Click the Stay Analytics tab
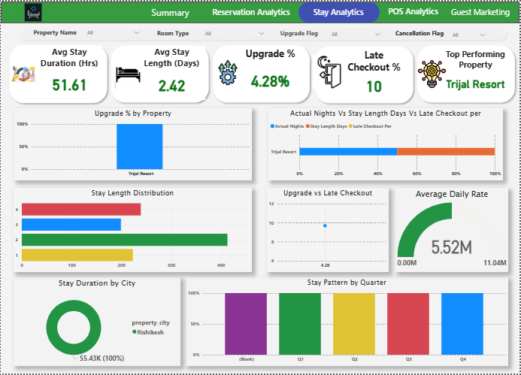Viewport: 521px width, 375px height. point(338,13)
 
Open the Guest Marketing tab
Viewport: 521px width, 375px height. point(480,13)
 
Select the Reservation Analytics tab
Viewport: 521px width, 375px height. point(250,13)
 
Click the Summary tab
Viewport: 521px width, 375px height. point(170,13)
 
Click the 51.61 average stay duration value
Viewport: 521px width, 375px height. point(69,85)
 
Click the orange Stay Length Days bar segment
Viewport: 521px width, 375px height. point(445,152)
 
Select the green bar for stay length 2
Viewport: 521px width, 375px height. point(124,240)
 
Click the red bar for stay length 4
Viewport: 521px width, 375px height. point(81,210)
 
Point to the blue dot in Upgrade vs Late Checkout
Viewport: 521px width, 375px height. point(325,225)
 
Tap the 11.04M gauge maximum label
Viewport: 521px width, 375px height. point(494,263)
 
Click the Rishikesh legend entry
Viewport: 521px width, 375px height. point(150,331)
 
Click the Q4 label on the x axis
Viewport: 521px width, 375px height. point(462,360)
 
